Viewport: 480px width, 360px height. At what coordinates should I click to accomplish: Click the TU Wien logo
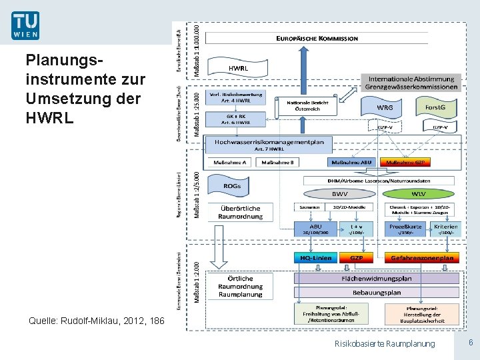pos(25,25)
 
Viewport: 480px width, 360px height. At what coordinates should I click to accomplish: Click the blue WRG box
pos(385,107)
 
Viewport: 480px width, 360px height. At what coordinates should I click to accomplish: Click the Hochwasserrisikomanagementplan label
pos(269,142)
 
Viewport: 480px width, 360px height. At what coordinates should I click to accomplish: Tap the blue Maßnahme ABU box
pos(353,162)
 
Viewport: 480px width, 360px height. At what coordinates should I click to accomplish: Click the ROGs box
pos(233,186)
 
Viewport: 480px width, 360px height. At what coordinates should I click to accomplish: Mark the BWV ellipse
pos(340,194)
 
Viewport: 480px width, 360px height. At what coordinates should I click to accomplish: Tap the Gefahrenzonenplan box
pos(422,258)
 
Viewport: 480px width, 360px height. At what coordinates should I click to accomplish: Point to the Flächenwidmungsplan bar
pos(377,278)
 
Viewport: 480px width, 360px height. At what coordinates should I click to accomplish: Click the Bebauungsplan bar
pos(377,292)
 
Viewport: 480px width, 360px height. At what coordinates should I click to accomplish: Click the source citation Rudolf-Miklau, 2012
pos(97,321)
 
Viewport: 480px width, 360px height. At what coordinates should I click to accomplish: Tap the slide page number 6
pos(470,342)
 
